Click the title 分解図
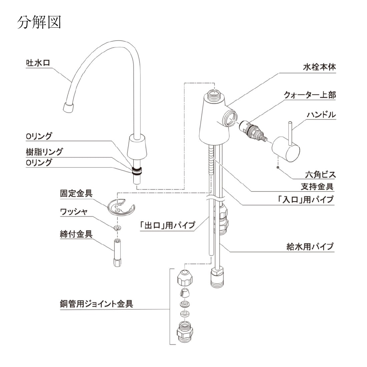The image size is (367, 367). point(39,22)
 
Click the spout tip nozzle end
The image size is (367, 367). point(68,107)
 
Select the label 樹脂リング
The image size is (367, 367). point(44,151)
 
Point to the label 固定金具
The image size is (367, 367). point(76,194)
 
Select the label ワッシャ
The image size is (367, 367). point(74,212)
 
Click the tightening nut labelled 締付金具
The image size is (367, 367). point(117,253)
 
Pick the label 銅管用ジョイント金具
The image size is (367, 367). point(96,304)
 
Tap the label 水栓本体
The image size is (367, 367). point(319,67)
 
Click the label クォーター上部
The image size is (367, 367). point(310,95)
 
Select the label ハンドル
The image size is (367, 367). point(321,115)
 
